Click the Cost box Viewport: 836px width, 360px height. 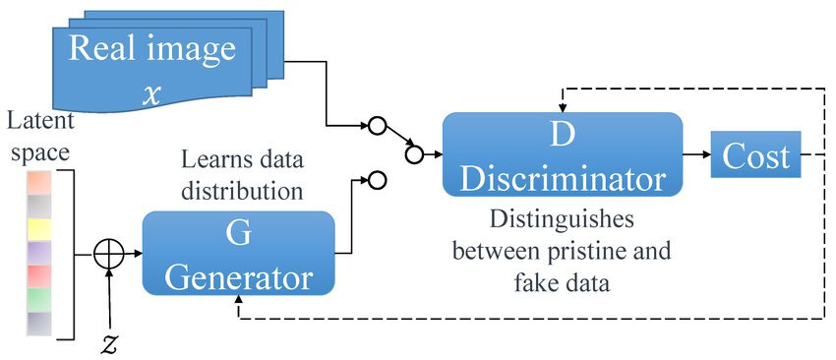pyautogui.click(x=755, y=156)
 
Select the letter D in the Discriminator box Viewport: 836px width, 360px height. pyautogui.click(x=562, y=136)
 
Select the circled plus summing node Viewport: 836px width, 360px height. pyautogui.click(x=108, y=255)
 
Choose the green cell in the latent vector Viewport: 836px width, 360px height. pyautogui.click(x=38, y=297)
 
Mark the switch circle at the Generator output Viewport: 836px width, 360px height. pyautogui.click(x=375, y=180)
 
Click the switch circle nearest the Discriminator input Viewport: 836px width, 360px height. pyautogui.click(x=413, y=153)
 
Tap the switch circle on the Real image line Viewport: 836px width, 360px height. pyautogui.click(x=375, y=126)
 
